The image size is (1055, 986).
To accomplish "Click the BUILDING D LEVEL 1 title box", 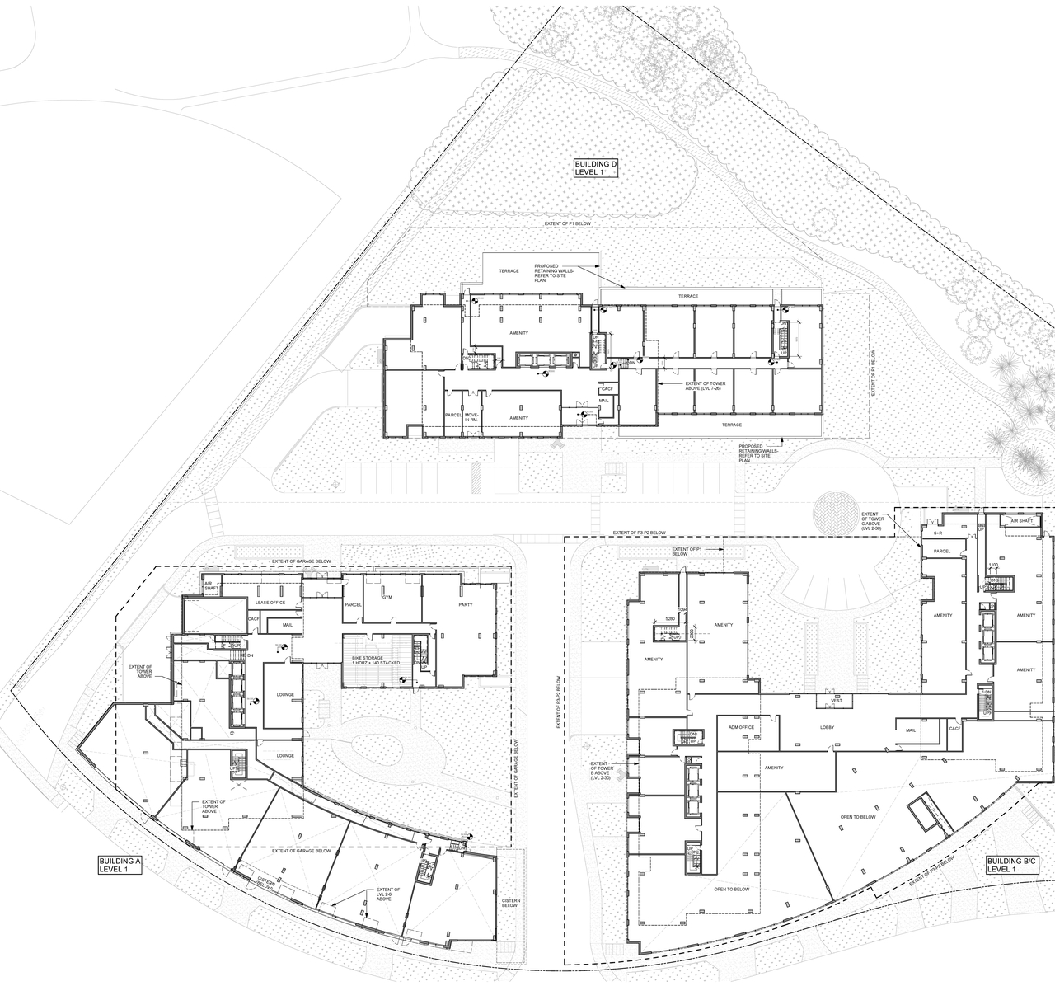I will pyautogui.click(x=595, y=169).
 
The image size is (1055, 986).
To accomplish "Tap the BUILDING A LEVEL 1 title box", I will pyautogui.click(x=120, y=865).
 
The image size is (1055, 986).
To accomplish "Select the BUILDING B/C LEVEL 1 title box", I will pyautogui.click(x=1012, y=865).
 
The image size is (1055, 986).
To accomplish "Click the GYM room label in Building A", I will pyautogui.click(x=387, y=597).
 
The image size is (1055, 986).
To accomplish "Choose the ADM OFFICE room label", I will pyautogui.click(x=742, y=728).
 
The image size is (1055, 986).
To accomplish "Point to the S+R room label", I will pyautogui.click(x=938, y=534).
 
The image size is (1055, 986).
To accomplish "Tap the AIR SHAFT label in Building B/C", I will pyautogui.click(x=1022, y=520).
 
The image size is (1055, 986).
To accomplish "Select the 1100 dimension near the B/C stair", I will pyautogui.click(x=994, y=566).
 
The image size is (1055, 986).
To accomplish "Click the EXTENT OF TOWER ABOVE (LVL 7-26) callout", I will pyautogui.click(x=696, y=387).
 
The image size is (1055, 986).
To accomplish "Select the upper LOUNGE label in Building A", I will pyautogui.click(x=286, y=694).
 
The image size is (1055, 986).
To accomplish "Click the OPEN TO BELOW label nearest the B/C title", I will pyautogui.click(x=858, y=817).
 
